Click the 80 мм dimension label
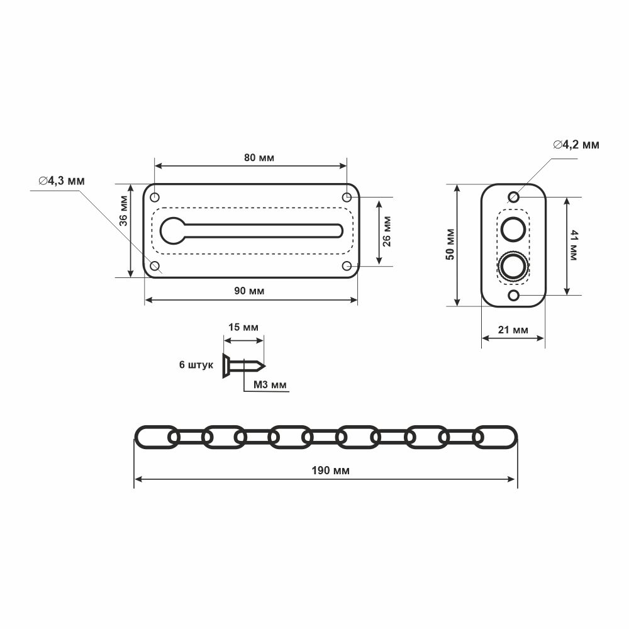click(x=259, y=158)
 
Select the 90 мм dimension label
click(x=249, y=291)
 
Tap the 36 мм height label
click(x=123, y=211)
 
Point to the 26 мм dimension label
click(x=387, y=231)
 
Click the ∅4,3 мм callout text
click(x=62, y=181)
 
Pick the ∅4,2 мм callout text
click(x=576, y=145)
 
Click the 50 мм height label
click(x=450, y=244)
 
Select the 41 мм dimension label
click(x=573, y=245)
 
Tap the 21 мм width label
click(x=513, y=330)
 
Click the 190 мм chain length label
click(x=331, y=470)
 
